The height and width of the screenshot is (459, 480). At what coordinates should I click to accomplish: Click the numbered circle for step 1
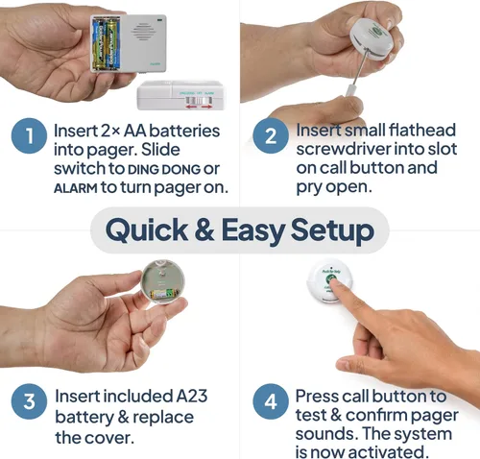[x=29, y=136]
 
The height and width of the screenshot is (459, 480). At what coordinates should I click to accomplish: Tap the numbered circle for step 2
[x=271, y=135]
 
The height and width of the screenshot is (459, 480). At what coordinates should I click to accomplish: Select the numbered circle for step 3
[x=29, y=401]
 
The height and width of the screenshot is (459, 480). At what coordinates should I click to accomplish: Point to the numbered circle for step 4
[x=271, y=401]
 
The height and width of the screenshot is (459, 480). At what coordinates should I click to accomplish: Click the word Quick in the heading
[x=147, y=230]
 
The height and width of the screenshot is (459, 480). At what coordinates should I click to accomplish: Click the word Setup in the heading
[x=332, y=229]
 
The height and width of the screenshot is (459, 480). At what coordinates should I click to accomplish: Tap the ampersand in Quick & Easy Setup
[x=204, y=229]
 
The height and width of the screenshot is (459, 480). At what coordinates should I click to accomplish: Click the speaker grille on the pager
[x=143, y=31]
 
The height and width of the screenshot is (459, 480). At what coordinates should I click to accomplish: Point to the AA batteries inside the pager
[x=106, y=44]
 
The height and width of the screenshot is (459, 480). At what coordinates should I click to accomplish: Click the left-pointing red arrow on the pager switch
[x=191, y=107]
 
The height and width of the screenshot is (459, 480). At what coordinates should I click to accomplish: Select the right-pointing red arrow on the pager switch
[x=206, y=107]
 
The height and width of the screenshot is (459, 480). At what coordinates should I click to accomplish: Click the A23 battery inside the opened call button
[x=162, y=294]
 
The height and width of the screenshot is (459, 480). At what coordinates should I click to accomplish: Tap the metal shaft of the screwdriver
[x=359, y=69]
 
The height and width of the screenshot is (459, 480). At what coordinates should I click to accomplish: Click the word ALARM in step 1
[x=76, y=188]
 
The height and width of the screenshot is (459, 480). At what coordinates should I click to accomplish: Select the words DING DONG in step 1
[x=164, y=170]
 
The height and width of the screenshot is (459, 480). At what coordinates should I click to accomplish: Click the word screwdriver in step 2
[x=344, y=149]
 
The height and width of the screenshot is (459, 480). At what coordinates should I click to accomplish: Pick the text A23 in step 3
[x=192, y=396]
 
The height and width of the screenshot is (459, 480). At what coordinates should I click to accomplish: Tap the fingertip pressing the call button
[x=335, y=283]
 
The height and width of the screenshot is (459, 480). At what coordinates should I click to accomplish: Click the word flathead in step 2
[x=422, y=131]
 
